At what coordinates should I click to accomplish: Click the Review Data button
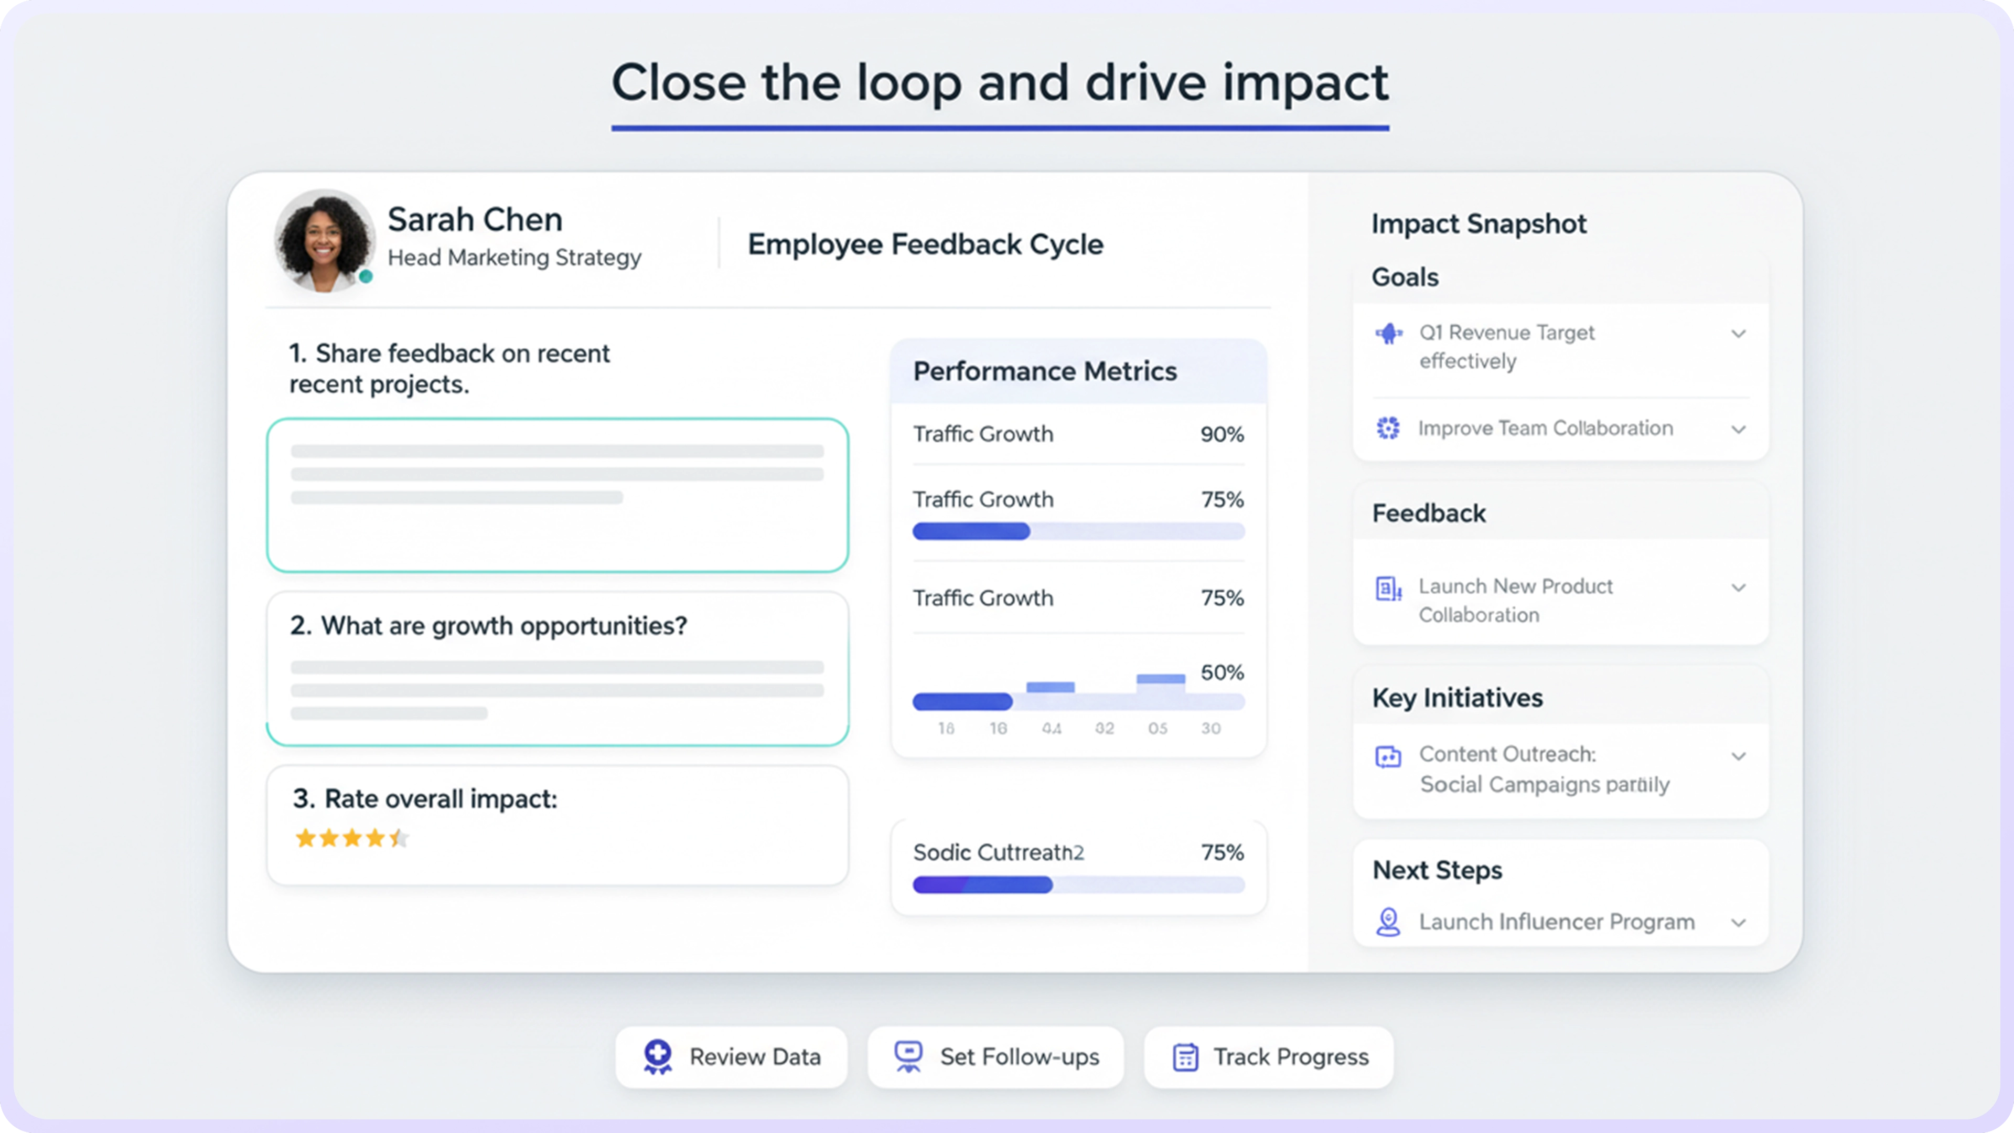(x=731, y=1056)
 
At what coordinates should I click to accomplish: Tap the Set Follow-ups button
(x=995, y=1056)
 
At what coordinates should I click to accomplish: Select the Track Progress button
(x=1268, y=1056)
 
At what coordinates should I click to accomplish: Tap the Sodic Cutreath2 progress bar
(x=1078, y=885)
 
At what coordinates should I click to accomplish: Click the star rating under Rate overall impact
(x=352, y=838)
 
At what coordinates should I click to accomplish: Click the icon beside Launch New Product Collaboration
(x=1388, y=588)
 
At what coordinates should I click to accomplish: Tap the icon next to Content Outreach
(x=1388, y=756)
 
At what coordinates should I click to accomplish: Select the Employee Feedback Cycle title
(x=925, y=244)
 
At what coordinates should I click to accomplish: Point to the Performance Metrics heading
(x=1045, y=371)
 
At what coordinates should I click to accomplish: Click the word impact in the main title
(x=1305, y=83)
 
